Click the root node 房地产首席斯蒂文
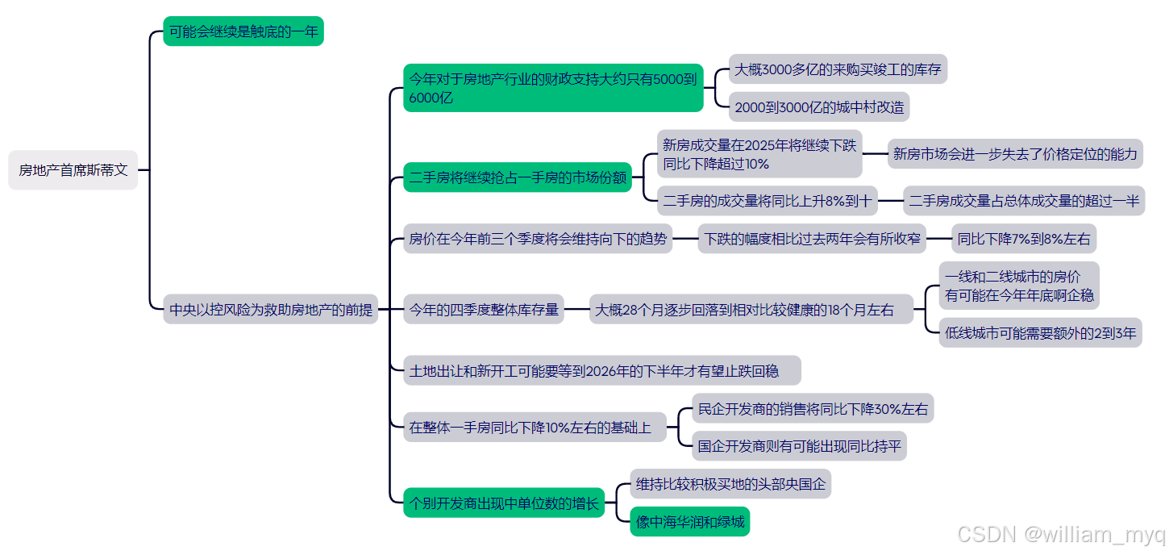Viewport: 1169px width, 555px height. pos(73,170)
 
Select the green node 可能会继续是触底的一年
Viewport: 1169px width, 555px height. pos(243,31)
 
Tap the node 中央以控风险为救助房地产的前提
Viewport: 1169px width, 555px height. pos(271,309)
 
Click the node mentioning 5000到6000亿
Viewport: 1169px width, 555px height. pos(553,88)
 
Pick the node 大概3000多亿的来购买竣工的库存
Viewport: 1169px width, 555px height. pos(838,69)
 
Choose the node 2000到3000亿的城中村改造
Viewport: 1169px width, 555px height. pos(819,106)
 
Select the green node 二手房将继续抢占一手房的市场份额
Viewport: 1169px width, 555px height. pos(518,177)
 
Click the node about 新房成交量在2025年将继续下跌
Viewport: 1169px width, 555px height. pos(759,154)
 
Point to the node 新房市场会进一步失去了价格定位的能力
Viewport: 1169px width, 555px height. pos(1015,153)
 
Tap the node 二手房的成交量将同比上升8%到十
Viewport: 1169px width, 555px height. pos(767,201)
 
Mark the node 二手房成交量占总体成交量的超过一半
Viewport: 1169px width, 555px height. pos(1024,201)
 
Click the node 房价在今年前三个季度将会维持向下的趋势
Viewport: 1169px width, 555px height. pos(538,239)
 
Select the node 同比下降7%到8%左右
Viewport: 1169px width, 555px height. pos(1023,239)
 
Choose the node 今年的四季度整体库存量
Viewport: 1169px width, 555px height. pos(484,309)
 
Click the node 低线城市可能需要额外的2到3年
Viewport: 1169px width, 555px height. pos(1040,332)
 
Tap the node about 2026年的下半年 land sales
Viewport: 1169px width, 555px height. pos(601,371)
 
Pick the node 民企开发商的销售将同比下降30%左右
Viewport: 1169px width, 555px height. pos(813,409)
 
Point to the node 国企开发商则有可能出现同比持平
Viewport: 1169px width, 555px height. pos(800,446)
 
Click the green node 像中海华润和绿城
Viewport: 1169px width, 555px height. pos(689,522)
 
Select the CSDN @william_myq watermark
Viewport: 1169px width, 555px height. pos(1060,534)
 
